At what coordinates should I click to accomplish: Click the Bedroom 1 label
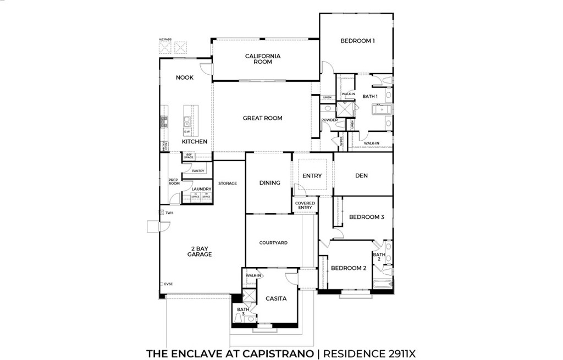tap(357, 41)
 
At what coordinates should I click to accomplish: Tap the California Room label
tap(263, 59)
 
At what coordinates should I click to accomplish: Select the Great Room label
tap(262, 118)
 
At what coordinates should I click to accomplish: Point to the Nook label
tap(185, 77)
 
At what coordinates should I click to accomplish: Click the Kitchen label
tap(195, 142)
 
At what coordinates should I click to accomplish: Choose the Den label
tap(361, 176)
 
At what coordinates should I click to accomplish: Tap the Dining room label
tap(269, 183)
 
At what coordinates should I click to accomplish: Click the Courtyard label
tap(273, 242)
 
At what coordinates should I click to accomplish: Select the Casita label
tap(276, 298)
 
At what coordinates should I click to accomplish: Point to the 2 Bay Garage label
tap(199, 251)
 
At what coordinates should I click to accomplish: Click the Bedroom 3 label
tap(366, 217)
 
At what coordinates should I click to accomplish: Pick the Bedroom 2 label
tap(349, 268)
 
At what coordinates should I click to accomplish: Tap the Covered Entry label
tap(305, 205)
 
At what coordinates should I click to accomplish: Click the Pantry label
tap(198, 171)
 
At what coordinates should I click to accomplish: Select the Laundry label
tap(201, 189)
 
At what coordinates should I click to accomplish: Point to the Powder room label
tap(329, 120)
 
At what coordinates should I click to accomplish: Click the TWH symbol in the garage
tap(161, 212)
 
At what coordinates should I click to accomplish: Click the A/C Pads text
tap(165, 40)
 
